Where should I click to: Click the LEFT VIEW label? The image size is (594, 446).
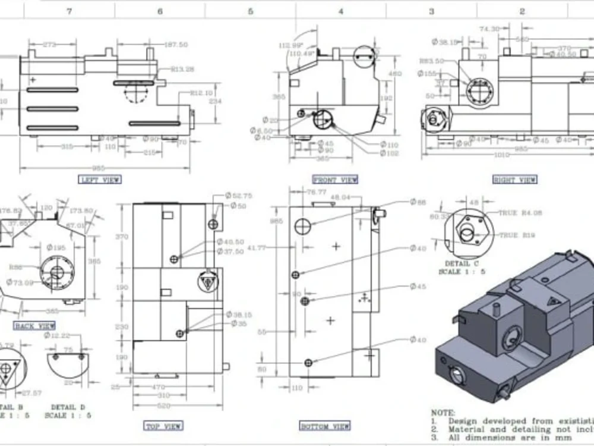tap(100, 179)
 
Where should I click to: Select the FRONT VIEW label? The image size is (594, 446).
tap(335, 180)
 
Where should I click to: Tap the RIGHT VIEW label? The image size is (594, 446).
tap(514, 180)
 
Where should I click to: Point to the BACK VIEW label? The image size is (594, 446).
tap(34, 325)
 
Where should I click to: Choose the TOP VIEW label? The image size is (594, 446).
tap(163, 425)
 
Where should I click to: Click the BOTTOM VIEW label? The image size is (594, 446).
tap(324, 426)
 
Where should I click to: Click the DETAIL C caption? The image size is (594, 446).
tap(461, 263)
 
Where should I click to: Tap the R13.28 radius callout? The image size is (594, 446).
tap(182, 69)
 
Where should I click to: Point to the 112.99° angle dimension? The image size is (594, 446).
tap(290, 45)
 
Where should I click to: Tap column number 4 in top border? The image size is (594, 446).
tap(340, 11)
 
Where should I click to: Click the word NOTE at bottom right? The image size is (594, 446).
tap(443, 412)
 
